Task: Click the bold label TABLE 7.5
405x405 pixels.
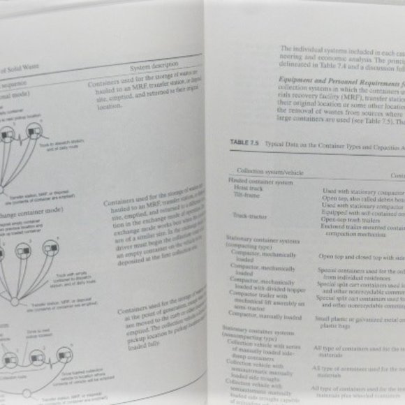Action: (x=245, y=141)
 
